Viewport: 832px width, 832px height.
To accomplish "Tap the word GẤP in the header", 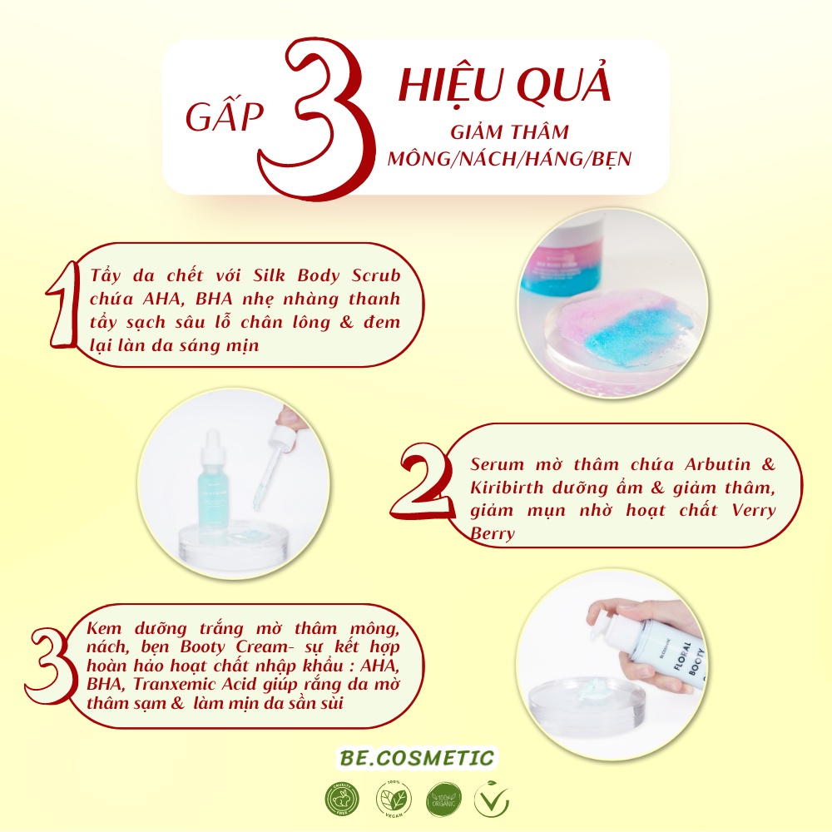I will [x=224, y=119].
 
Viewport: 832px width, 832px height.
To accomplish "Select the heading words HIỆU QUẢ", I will [x=505, y=87].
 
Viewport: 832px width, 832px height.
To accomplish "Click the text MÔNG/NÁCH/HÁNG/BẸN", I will [x=510, y=159].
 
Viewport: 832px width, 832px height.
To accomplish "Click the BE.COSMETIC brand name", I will [x=417, y=758].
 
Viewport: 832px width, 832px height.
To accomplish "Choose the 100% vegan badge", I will [x=393, y=800].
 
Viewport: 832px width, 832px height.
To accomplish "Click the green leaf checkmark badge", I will [x=492, y=800].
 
